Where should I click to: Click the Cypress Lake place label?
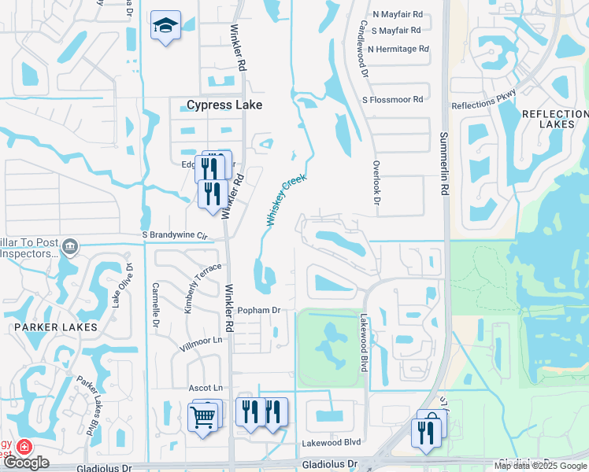pos(224,105)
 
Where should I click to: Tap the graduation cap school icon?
pos(165,27)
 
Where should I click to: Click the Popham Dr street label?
pos(259,311)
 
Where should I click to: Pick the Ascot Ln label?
pos(206,388)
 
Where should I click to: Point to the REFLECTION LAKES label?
pos(554,119)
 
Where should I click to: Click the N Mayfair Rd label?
pos(398,14)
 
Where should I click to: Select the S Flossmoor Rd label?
pos(392,100)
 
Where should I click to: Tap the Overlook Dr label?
pos(376,189)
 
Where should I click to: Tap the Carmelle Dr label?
pos(156,305)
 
